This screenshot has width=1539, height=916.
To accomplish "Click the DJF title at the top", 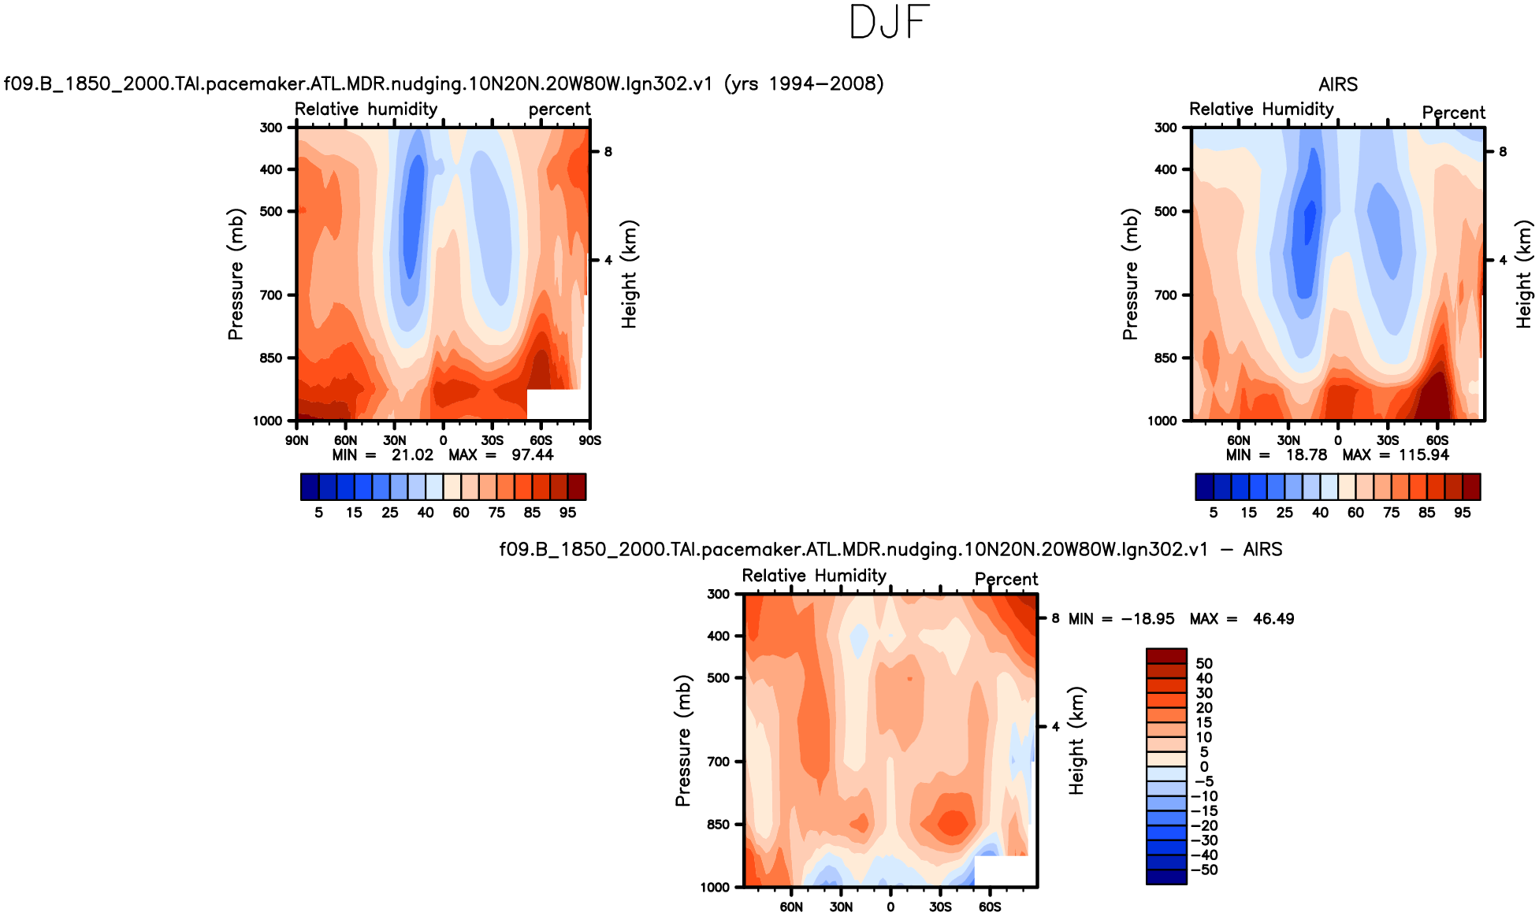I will pos(890,22).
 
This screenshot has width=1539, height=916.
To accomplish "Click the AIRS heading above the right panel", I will pos(1337,84).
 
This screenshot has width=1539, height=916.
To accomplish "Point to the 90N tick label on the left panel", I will pos(296,440).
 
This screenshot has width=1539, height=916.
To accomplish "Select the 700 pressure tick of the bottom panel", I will pos(718,762).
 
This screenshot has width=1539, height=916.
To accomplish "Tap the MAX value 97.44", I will pos(533,455).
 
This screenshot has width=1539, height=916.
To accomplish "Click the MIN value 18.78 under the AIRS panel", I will pos(1307,455).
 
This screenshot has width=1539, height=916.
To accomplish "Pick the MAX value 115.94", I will pos(1423,455).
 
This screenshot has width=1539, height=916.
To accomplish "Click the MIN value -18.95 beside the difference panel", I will pos(1147,619).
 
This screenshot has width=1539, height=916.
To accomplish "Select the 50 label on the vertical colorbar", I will pos(1204,663).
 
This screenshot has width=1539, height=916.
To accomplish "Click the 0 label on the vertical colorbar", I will pos(1204,766).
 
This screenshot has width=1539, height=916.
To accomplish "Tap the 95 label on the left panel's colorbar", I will pos(567,513).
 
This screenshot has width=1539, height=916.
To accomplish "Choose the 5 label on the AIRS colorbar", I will pos(1214,513).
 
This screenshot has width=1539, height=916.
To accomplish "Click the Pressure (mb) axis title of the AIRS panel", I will pos(1130,274).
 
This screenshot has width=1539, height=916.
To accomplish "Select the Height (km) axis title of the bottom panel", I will pos(1076,740).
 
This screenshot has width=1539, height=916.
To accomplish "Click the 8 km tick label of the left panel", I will pos(608,151).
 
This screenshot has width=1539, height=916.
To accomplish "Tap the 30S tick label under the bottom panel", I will pos(940,907).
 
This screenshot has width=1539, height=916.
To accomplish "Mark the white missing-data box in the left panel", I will pos(557,403).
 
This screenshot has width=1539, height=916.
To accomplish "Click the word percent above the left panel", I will pos(559,109).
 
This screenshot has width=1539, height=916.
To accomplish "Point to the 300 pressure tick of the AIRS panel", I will pos(1165,128).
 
